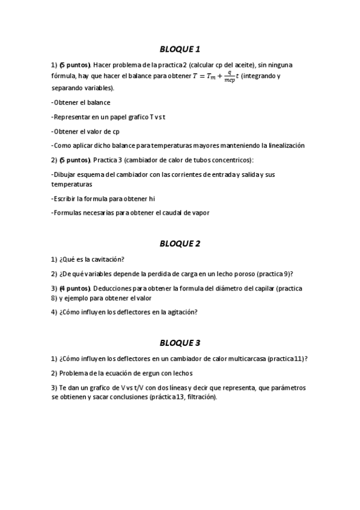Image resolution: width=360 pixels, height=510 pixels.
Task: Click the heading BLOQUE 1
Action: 180,49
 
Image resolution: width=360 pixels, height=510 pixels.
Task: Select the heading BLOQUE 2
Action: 180,244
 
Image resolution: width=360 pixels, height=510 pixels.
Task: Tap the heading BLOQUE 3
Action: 180,343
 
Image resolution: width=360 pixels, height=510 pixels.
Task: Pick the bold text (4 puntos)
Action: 75,288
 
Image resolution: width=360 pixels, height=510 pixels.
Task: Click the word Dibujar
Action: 65,174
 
